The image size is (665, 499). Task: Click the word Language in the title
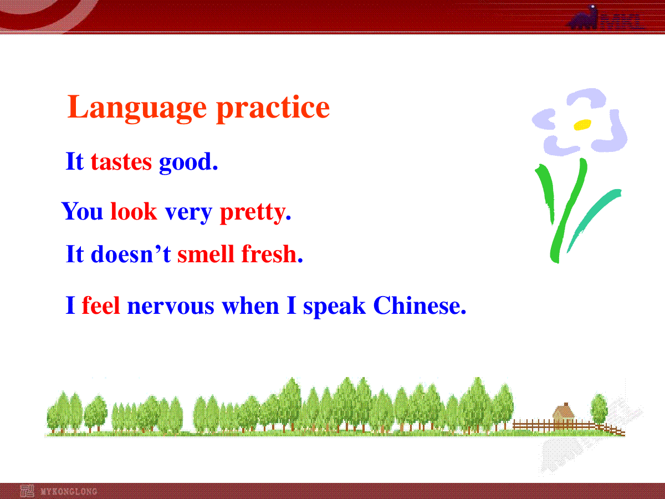pyautogui.click(x=137, y=109)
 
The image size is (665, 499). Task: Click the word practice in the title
pyautogui.click(x=273, y=109)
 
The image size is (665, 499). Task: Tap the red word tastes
pyautogui.click(x=121, y=162)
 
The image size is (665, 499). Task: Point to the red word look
pyautogui.click(x=134, y=211)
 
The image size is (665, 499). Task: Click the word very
pyautogui.click(x=188, y=213)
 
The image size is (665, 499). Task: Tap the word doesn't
pyautogui.click(x=131, y=254)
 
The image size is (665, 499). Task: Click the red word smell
pyautogui.click(x=206, y=254)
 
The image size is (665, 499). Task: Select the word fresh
pyautogui.click(x=269, y=254)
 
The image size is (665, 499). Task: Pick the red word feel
pyautogui.click(x=101, y=305)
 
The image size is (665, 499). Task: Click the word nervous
pyautogui.click(x=171, y=307)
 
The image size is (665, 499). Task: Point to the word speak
pyautogui.click(x=335, y=307)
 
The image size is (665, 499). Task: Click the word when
pyautogui.click(x=250, y=305)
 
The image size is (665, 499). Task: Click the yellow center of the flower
pyautogui.click(x=582, y=125)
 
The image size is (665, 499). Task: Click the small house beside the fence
pyautogui.click(x=564, y=414)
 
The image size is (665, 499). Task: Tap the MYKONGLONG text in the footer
pyautogui.click(x=69, y=491)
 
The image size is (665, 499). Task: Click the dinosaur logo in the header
pyautogui.click(x=583, y=18)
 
